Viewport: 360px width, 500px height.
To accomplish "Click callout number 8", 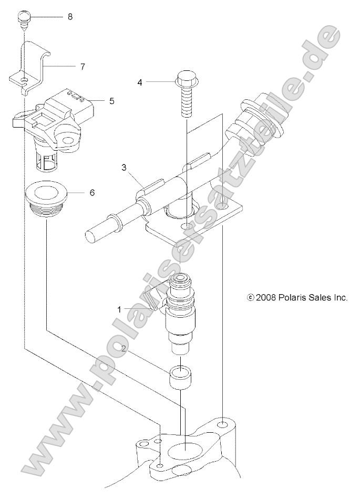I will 70,17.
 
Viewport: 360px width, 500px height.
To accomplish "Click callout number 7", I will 83,67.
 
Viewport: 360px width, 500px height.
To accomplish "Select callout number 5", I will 111,101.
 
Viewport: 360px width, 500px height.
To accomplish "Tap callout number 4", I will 140,82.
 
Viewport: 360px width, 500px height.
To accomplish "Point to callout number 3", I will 124,168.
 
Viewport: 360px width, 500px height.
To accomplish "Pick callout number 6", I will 92,193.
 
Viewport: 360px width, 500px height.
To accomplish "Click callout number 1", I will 119,309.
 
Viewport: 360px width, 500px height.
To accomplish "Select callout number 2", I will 124,348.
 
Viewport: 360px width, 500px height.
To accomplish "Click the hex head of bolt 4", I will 185,80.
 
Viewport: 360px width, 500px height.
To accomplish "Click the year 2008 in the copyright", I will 265,297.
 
